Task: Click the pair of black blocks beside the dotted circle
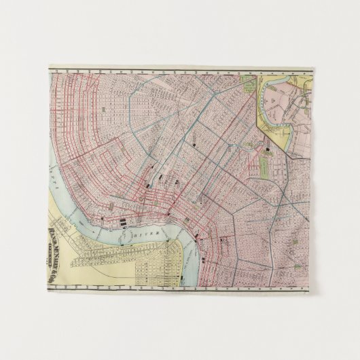pyautogui.click(x=122, y=221)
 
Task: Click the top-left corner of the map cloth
pyautogui.click(x=50, y=67)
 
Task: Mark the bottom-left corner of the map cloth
pyautogui.click(x=49, y=289)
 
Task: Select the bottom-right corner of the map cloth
pyautogui.click(x=312, y=290)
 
